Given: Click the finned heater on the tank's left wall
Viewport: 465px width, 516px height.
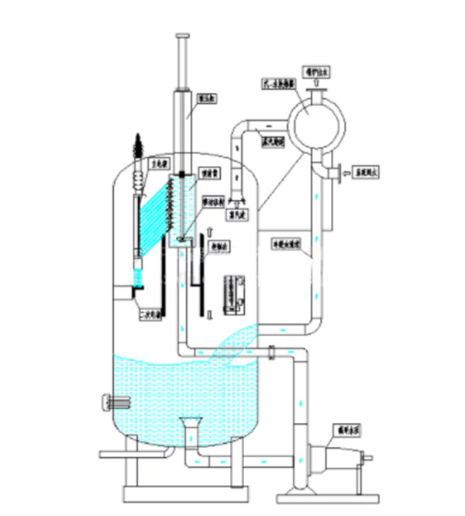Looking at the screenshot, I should coord(115,402).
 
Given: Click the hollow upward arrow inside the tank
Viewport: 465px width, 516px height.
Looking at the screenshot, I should coord(210,230).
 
